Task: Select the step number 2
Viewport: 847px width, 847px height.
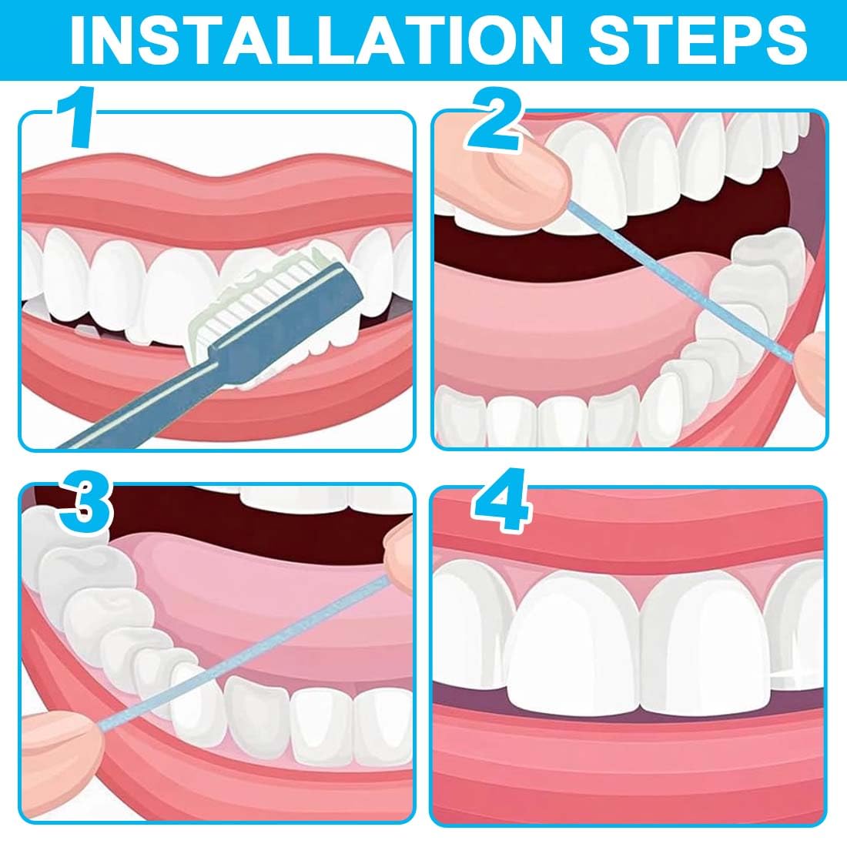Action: tap(495, 119)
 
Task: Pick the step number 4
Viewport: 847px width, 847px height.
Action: tap(500, 501)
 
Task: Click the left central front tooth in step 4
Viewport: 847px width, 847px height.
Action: tap(574, 643)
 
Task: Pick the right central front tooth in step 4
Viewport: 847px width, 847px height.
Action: tap(705, 643)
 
